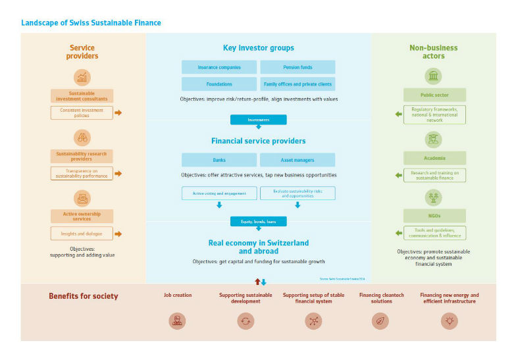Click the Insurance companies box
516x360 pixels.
tap(219, 67)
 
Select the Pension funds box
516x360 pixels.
tap(297, 67)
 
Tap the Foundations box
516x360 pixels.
tap(219, 84)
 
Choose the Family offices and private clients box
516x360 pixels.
tap(297, 84)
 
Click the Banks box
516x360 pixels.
tap(219, 160)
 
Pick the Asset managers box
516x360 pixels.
tap(297, 160)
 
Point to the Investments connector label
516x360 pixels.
tap(258, 120)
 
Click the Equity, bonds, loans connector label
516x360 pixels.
tap(258, 221)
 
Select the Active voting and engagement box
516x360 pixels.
tap(219, 193)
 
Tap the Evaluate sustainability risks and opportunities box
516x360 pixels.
tap(297, 193)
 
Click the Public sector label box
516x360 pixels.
tap(434, 95)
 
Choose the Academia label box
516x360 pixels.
tap(434, 158)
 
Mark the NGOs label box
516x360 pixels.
tap(434, 216)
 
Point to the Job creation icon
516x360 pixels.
tap(177, 321)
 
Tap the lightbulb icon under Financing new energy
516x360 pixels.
tap(450, 321)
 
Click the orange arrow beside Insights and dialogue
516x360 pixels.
tap(118, 234)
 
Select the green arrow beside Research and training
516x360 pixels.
tap(398, 176)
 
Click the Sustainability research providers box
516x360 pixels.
tap(82, 156)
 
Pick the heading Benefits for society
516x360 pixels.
tap(84, 296)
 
